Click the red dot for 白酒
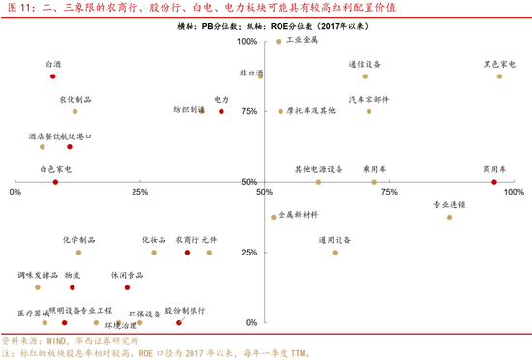(53, 76)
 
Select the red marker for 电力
(222, 111)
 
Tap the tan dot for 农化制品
(74, 111)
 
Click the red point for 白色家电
(55, 182)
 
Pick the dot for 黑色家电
(499, 76)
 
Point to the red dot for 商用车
(494, 182)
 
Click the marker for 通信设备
(365, 76)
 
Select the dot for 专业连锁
(450, 217)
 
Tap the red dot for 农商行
(187, 253)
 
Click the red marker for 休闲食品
(127, 287)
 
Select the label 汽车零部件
(369, 99)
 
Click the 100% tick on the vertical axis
(248, 43)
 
